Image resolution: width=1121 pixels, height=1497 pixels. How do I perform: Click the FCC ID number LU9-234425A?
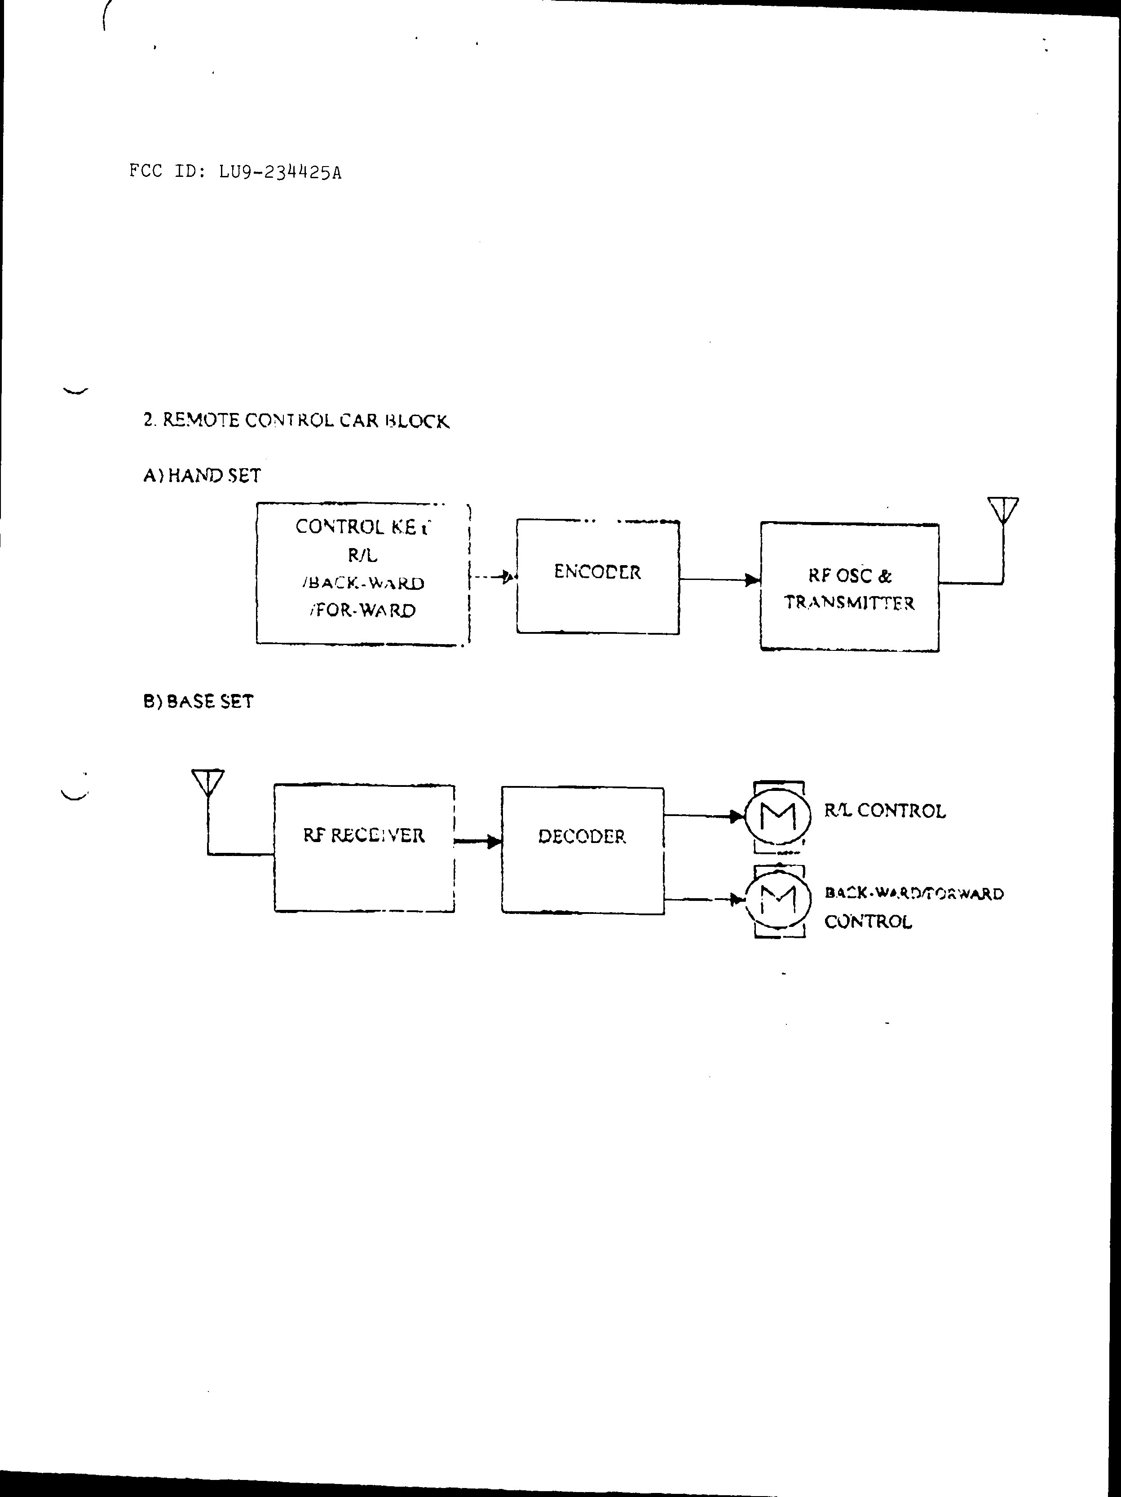(x=279, y=172)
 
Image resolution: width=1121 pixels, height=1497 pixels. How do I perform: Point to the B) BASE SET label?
(x=199, y=701)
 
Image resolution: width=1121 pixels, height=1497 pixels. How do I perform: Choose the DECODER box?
(x=582, y=850)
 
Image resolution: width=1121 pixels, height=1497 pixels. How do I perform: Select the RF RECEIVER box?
(x=364, y=848)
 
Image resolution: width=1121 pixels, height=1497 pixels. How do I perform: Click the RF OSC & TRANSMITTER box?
(x=850, y=587)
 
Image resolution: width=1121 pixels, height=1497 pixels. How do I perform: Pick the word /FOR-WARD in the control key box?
(x=363, y=610)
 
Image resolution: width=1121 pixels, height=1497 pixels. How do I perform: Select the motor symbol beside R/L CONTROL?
(x=778, y=816)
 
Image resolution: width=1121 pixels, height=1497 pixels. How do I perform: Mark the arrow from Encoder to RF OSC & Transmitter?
(x=719, y=579)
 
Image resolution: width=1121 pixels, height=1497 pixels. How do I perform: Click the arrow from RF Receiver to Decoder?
(x=478, y=841)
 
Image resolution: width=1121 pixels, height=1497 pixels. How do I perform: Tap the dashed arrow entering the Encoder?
(x=493, y=577)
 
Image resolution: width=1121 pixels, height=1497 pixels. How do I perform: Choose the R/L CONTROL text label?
(x=885, y=811)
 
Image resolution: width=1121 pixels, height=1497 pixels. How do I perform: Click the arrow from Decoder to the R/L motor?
(x=704, y=816)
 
